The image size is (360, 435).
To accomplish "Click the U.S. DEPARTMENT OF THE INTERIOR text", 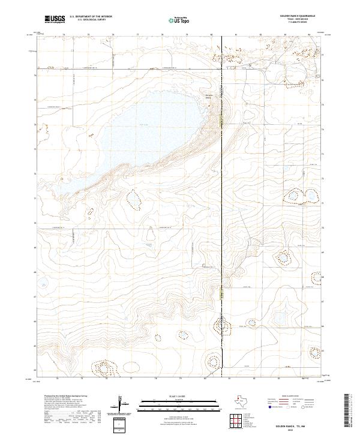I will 91,17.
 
